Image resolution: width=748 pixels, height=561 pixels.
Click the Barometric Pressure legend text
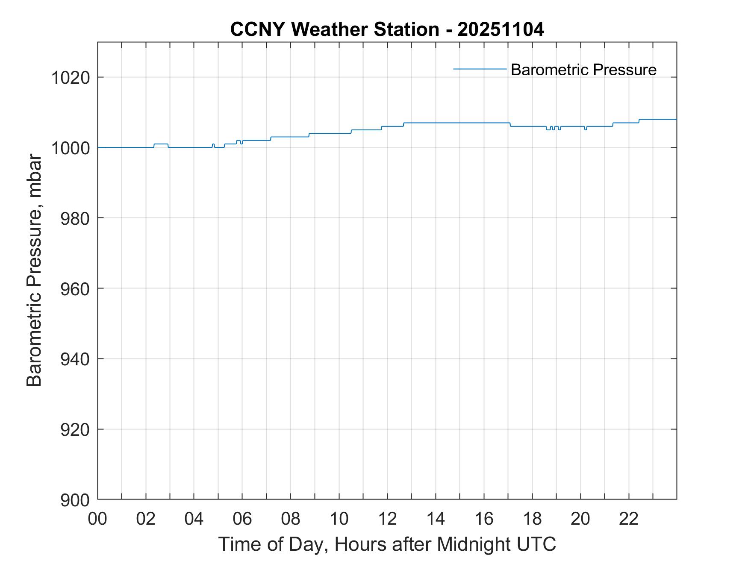[583, 70]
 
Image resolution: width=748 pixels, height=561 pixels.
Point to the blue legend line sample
[480, 69]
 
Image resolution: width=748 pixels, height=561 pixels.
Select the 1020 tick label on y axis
[71, 78]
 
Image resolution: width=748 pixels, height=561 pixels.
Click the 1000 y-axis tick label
[71, 148]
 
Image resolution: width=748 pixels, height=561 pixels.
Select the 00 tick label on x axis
[97, 519]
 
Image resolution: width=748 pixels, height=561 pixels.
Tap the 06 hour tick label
[242, 519]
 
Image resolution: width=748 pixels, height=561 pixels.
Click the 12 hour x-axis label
[387, 519]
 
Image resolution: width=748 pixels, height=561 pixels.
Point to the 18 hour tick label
[532, 519]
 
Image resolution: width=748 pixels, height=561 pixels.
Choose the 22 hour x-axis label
[629, 519]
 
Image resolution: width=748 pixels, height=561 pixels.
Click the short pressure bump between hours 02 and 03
[161, 144]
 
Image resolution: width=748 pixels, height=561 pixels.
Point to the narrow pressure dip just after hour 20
[586, 129]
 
